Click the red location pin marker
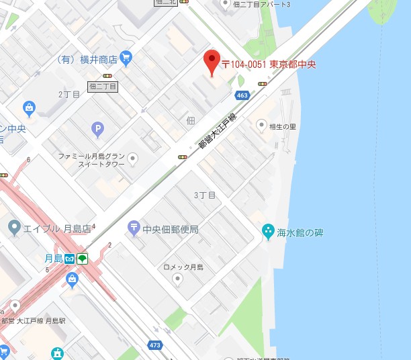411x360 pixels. coord(212,62)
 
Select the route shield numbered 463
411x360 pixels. coord(242,96)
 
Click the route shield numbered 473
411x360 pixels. coord(156,346)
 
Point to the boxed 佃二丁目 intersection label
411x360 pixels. coord(102,87)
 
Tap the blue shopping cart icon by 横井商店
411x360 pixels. coord(126,58)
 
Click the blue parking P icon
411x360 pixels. coord(98,128)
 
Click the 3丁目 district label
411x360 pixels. coord(204,195)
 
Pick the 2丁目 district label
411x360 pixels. coord(68,95)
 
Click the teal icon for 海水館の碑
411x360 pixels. coord(269,232)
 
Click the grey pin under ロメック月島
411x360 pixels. coord(177,280)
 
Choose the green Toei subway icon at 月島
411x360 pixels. coord(82,259)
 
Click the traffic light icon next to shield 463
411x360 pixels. coord(263,84)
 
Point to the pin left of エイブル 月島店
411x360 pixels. coord(15,229)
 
